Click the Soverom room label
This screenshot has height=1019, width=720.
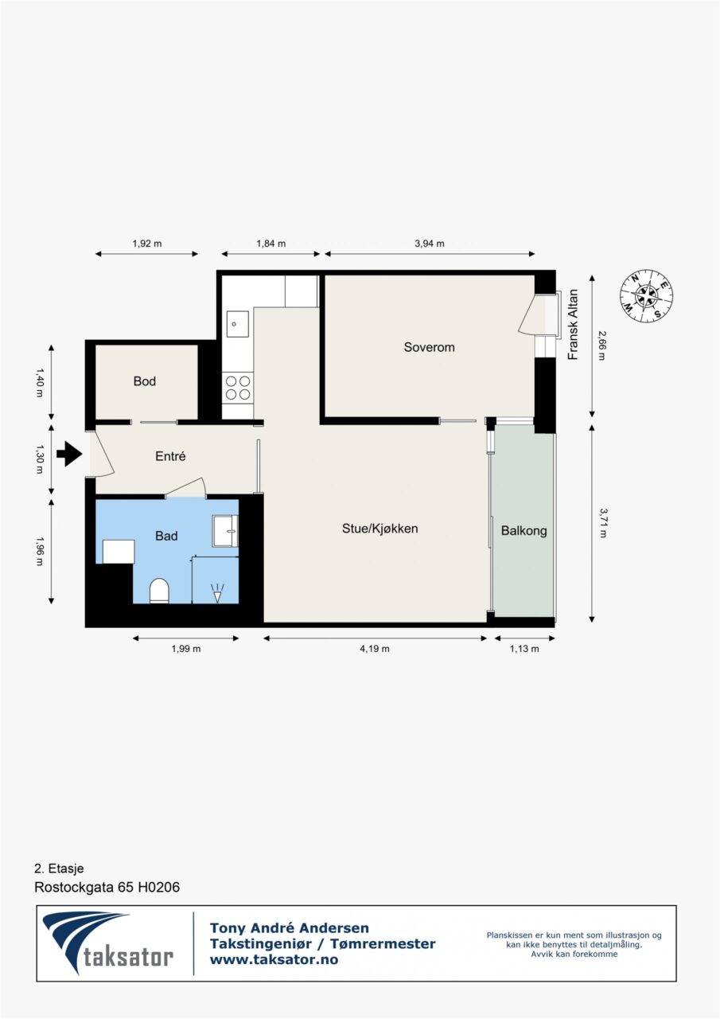[x=429, y=347]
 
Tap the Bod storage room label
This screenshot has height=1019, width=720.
[x=145, y=381]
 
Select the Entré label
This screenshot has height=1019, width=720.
[x=170, y=456]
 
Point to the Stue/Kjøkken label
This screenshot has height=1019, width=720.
[x=380, y=529]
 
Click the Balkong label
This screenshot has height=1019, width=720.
[x=523, y=531]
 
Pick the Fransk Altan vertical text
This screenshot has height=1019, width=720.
[x=573, y=325]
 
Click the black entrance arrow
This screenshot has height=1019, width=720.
[x=69, y=454]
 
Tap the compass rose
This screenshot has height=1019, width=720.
[x=646, y=296]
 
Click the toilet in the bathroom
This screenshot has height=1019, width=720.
[x=159, y=591]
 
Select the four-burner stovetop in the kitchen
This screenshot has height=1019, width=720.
[x=238, y=388]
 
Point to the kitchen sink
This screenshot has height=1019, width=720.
[x=238, y=324]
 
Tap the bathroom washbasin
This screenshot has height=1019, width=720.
[x=225, y=531]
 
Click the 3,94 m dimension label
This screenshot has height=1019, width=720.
[x=429, y=244]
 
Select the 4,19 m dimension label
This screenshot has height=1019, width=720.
[x=375, y=649]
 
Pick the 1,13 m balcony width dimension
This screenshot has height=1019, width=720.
[x=524, y=649]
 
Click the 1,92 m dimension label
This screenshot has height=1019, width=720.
[x=147, y=244]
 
